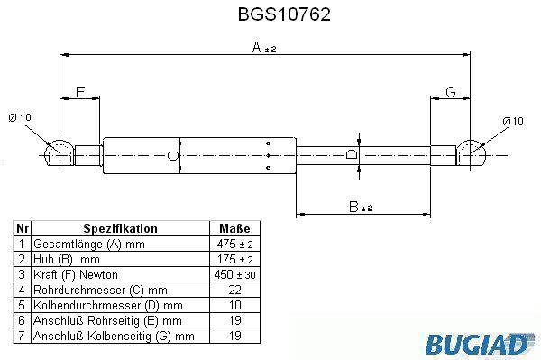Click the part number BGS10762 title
[x=284, y=14]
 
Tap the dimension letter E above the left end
[x=80, y=92]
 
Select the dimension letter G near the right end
[x=451, y=92]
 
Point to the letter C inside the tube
[x=172, y=156]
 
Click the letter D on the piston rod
[x=352, y=154]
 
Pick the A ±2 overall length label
[x=264, y=47]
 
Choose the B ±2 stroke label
[x=361, y=207]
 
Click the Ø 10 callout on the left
[x=20, y=117]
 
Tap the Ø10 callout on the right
[x=513, y=121]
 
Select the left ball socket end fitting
[x=60, y=153]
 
